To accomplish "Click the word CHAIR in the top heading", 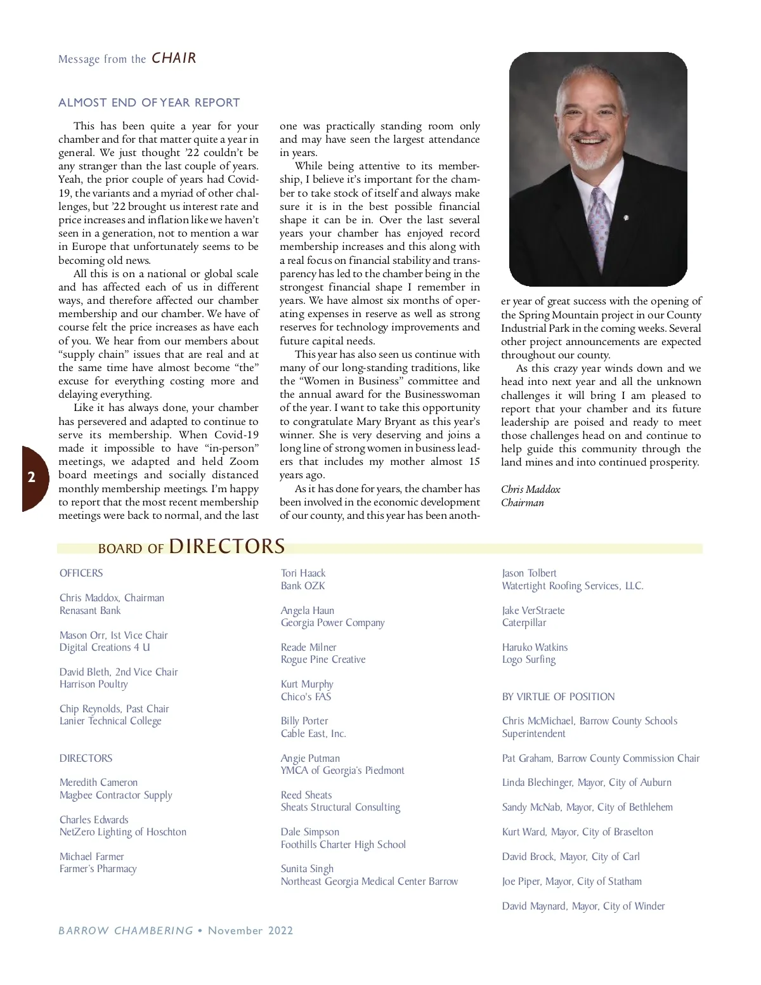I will point(174,58).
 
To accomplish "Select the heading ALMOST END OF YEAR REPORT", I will point(149,103).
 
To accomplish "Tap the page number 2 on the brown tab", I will point(31,478).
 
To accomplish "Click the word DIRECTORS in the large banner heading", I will point(226,547).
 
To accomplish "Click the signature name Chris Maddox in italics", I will point(530,489).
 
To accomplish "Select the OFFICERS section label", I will point(81,573).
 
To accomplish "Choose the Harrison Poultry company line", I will point(94,684).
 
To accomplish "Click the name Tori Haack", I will point(303,573).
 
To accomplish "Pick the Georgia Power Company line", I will point(332,623).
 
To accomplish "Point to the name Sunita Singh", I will point(307,869).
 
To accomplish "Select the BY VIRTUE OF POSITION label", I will point(558,696).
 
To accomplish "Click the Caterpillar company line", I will point(524,623).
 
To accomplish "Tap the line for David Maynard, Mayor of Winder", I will point(583,906).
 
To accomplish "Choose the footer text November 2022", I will point(250,930).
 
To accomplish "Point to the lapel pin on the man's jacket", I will point(626,218).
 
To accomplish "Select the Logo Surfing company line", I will point(528,660).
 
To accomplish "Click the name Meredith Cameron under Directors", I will point(98,783).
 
